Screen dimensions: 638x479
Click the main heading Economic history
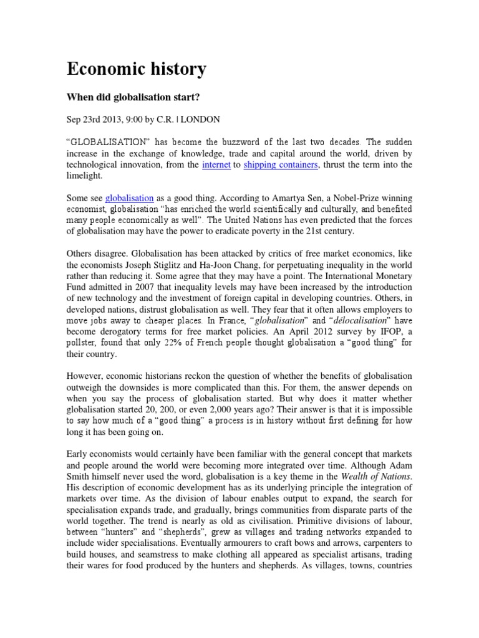click(136, 69)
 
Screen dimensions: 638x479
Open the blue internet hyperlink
click(216, 164)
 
